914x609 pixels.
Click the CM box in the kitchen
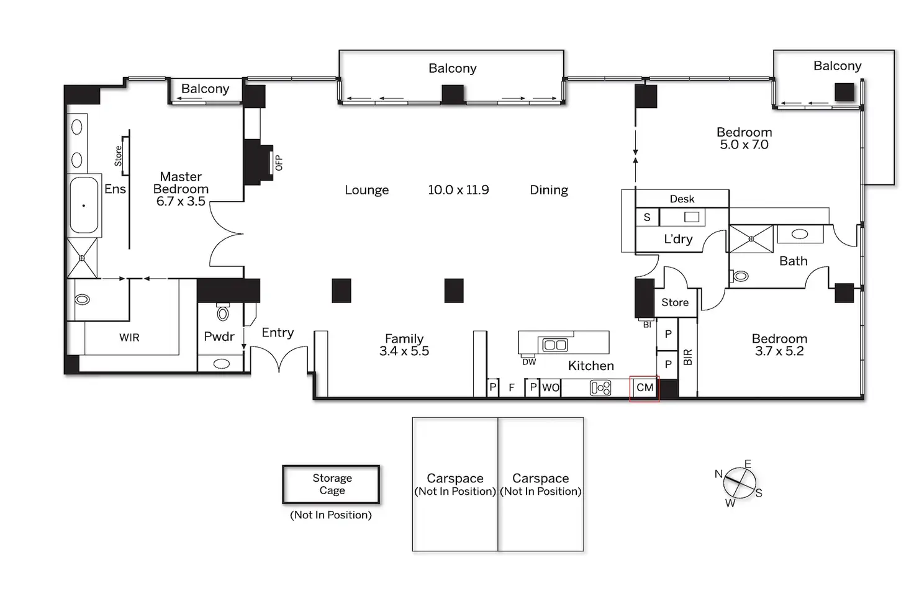(645, 388)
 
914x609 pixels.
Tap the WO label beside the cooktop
(550, 387)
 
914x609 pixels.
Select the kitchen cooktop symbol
(600, 388)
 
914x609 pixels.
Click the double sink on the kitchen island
(555, 345)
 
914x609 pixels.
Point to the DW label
(529, 362)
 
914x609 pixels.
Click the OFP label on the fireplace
(279, 163)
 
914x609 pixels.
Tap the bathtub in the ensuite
(84, 205)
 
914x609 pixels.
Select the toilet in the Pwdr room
(223, 313)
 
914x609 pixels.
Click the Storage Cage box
(331, 484)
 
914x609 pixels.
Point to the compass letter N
(718, 474)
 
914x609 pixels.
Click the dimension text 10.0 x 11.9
(458, 190)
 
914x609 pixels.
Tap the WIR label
(129, 338)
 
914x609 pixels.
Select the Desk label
(682, 199)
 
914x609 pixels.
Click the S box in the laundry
(647, 217)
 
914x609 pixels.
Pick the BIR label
(688, 358)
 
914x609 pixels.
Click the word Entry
(278, 333)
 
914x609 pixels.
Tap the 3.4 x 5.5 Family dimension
(404, 351)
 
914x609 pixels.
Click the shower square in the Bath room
(751, 239)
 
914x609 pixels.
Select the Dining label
(549, 190)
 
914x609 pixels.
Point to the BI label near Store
(647, 325)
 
